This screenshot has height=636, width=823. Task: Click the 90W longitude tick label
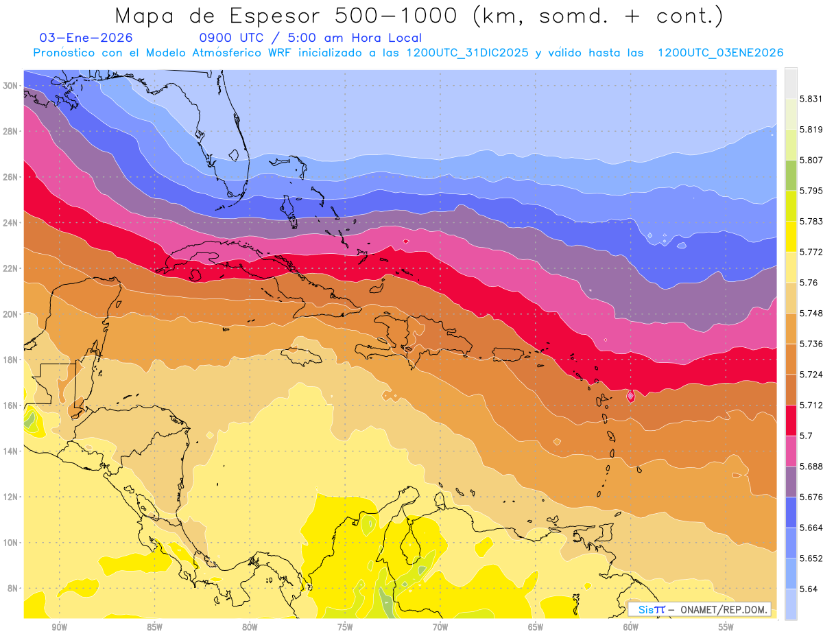click(60, 627)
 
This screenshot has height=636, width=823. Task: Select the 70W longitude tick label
click(440, 627)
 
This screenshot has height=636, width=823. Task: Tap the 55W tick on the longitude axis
click(726, 627)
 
